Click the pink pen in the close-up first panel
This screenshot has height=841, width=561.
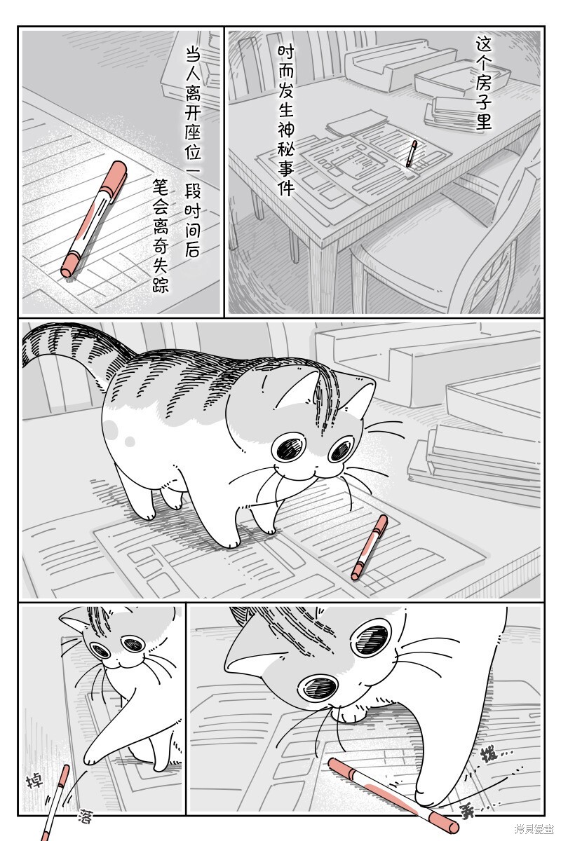[94, 219]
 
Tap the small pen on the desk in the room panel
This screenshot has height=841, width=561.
[412, 153]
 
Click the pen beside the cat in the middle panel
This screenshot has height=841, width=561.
[370, 547]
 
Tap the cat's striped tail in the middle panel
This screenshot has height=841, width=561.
[67, 341]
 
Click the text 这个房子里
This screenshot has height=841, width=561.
[483, 83]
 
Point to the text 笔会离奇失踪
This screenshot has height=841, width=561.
[160, 235]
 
